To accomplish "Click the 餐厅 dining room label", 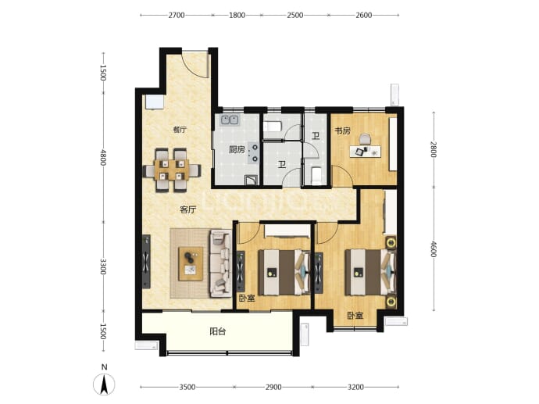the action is (180, 130).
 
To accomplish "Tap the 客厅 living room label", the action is (188, 209).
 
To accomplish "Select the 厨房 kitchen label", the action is (237, 149).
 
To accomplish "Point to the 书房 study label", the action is (343, 130).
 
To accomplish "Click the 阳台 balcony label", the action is (218, 331).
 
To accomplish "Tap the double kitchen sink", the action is (230, 120).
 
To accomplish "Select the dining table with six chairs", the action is (172, 170).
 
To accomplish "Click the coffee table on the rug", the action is (191, 263).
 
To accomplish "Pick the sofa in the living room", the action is (220, 263).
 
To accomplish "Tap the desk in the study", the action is (366, 152).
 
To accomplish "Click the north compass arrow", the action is (104, 384).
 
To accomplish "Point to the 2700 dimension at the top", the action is (177, 15).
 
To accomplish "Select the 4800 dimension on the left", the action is (103, 156).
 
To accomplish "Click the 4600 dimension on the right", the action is (433, 249).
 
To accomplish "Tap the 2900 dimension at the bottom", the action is (273, 387).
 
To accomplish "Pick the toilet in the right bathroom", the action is (316, 175).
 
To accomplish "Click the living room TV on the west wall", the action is (146, 262).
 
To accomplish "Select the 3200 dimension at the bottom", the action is (355, 387).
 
